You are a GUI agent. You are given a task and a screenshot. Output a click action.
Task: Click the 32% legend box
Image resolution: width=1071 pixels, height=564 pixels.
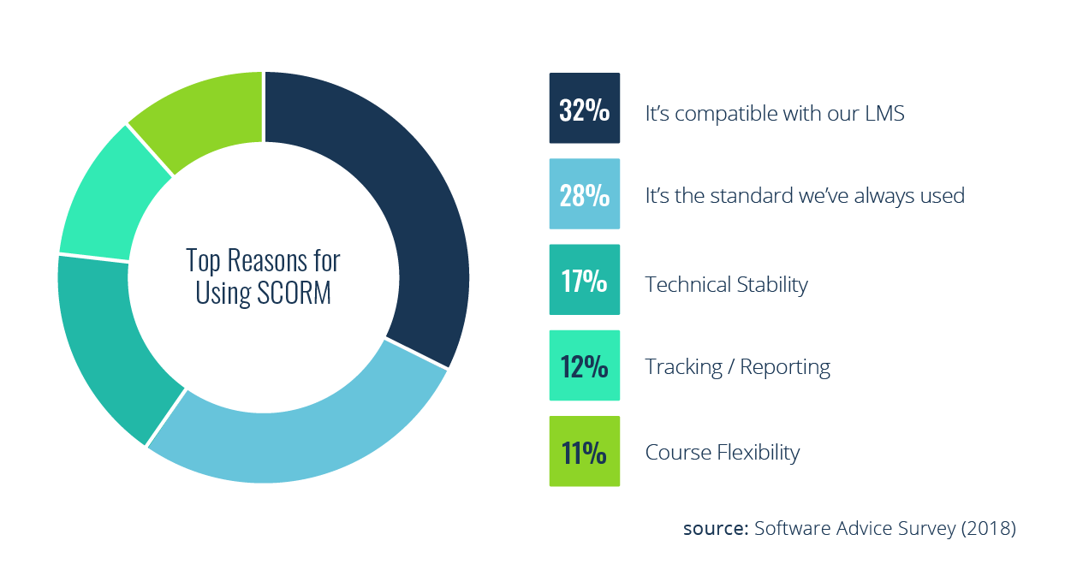point(584,109)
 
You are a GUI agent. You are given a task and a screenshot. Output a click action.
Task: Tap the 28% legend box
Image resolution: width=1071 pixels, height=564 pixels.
point(584,194)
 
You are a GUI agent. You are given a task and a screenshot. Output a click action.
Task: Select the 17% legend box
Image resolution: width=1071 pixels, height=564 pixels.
point(584,280)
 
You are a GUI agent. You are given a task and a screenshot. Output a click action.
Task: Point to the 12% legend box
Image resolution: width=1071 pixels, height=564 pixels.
point(584,365)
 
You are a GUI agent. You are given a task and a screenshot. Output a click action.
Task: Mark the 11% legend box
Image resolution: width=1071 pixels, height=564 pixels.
point(584,451)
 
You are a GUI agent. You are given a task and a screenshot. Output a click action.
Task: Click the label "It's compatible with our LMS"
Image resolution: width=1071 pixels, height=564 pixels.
point(774,112)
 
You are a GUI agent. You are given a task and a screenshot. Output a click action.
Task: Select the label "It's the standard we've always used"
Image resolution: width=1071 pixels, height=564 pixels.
point(804,196)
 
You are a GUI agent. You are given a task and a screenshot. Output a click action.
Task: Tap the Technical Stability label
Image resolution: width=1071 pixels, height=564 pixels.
point(726,283)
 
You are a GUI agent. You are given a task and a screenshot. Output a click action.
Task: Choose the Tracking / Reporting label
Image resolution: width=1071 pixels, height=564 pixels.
point(737,367)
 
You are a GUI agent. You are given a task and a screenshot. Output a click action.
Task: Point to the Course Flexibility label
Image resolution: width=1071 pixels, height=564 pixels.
point(722,451)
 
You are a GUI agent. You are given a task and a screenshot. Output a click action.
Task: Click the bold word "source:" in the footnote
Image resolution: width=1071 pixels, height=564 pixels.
point(715,528)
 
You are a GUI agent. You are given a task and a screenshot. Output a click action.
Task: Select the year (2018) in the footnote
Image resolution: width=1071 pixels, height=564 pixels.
point(988,528)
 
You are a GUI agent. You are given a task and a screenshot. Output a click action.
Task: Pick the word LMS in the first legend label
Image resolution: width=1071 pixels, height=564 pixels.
point(885,112)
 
